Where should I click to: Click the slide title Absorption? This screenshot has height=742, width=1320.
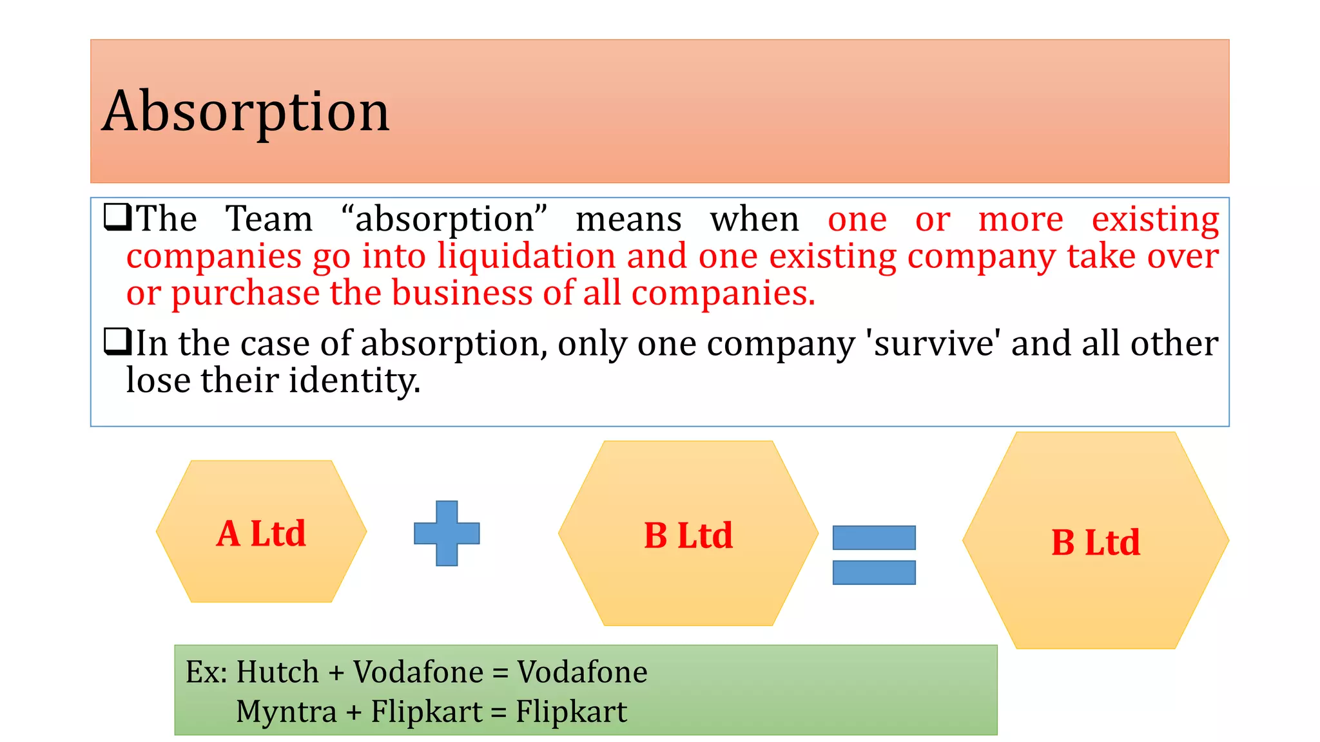click(x=246, y=112)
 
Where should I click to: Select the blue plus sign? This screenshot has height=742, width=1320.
click(x=447, y=533)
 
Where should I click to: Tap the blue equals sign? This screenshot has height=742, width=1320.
click(x=874, y=555)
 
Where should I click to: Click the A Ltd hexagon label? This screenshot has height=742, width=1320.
click(x=261, y=533)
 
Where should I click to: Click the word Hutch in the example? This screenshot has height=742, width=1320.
click(x=277, y=672)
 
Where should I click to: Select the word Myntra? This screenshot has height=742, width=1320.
click(x=286, y=712)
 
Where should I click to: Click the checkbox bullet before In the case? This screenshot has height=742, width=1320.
click(x=117, y=341)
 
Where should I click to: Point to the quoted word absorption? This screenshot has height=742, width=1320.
click(x=444, y=219)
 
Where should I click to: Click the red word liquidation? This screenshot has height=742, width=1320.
click(x=526, y=256)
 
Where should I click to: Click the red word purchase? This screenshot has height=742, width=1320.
click(x=245, y=294)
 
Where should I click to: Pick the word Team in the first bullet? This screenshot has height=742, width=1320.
click(x=269, y=219)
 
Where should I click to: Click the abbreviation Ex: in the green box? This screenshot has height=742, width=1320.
click(x=206, y=672)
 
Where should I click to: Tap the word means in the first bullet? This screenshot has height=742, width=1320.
click(x=628, y=219)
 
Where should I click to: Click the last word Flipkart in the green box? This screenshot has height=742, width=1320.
click(x=571, y=712)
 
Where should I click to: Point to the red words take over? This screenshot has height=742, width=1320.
click(x=1142, y=256)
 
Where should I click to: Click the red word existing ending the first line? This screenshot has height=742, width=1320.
click(x=1155, y=219)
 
